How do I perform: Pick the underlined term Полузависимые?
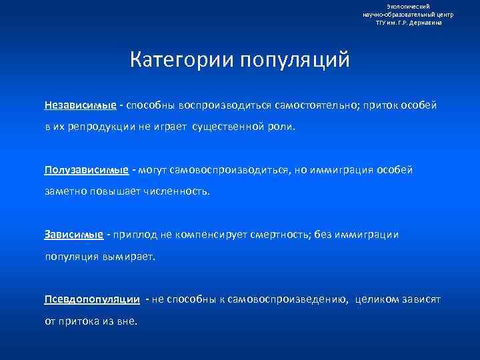coord(87,169)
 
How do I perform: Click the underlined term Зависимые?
coord(74,234)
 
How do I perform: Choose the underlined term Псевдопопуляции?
coord(92,299)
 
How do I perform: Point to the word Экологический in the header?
coord(407,6)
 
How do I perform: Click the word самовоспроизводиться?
coord(231,169)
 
